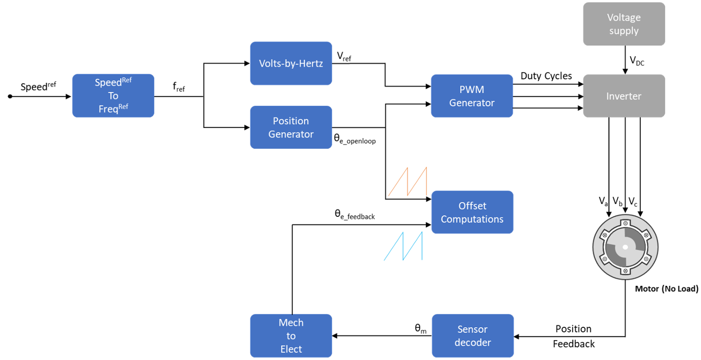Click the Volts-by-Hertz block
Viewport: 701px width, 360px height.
point(291,63)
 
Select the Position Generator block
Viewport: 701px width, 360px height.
point(291,127)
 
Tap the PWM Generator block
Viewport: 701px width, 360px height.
point(471,96)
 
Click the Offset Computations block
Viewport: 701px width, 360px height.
point(472,212)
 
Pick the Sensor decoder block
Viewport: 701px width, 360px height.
point(472,335)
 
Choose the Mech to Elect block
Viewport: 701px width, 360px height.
point(291,335)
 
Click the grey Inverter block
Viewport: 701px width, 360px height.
point(624,96)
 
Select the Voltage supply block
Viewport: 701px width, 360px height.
point(624,24)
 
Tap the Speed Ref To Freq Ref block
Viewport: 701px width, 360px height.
point(113,96)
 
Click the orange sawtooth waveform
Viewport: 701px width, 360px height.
point(408,182)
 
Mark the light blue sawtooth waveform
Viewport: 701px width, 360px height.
point(403,246)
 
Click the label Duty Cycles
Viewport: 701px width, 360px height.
point(546,76)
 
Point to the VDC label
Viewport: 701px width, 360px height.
point(637,61)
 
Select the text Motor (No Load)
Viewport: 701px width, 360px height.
point(666,289)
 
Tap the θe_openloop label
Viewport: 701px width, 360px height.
point(354,139)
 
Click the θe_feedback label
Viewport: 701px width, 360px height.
point(354,215)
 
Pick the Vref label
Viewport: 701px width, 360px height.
point(344,56)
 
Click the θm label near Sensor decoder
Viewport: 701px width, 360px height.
point(420,328)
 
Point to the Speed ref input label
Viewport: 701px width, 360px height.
point(38,86)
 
